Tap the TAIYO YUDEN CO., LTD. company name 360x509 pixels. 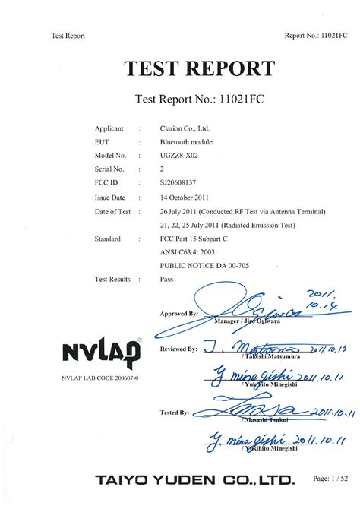(x=194, y=481)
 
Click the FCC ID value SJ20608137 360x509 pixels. (x=181, y=182)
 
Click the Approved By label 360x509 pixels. (x=179, y=313)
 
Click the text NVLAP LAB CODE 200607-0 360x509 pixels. (x=95, y=378)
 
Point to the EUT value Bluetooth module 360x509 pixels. (x=186, y=141)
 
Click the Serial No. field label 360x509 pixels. (x=110, y=169)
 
